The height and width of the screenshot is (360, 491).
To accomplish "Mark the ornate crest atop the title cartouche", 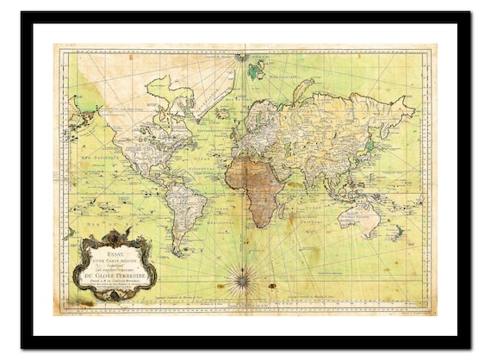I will click(x=116, y=235).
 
